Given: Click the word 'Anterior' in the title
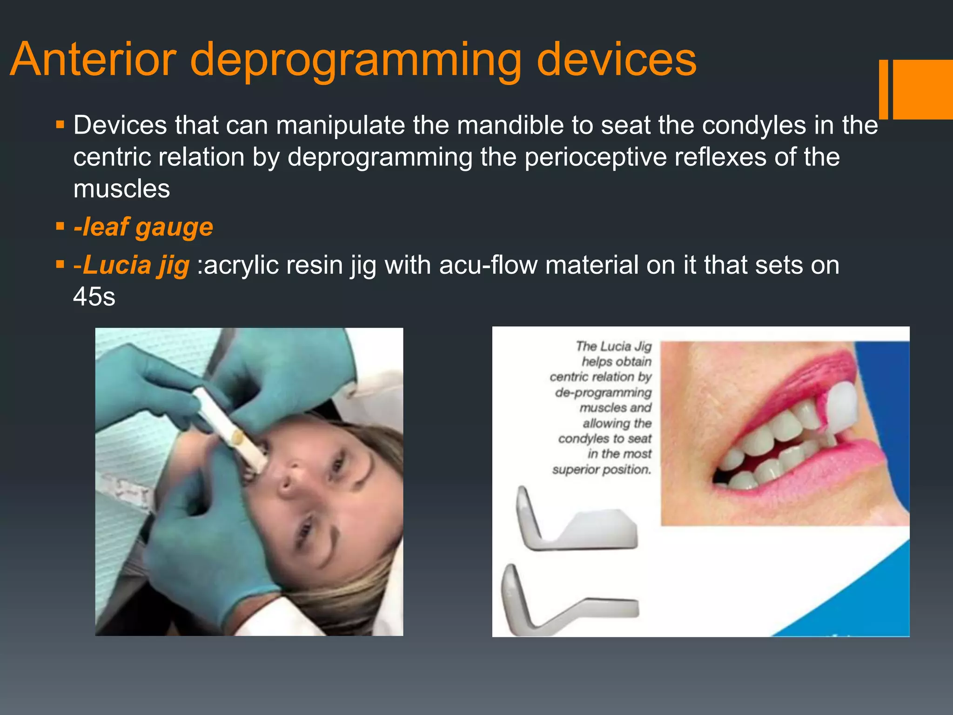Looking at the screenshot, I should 93,60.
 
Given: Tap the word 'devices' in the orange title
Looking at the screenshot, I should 617,60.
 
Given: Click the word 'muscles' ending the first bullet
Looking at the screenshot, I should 121,189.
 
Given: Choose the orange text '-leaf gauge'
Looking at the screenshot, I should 143,228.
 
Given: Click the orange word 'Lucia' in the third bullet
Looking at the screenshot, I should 117,265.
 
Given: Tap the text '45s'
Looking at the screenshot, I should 94,297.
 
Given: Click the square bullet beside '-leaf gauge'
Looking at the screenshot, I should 60,227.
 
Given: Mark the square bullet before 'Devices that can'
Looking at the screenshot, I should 60,125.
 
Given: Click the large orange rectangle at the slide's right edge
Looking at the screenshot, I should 923,89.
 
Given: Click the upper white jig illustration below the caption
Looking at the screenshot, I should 577,524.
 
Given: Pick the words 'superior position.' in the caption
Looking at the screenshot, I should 601,469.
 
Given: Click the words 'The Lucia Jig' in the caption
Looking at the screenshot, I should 613,346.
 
